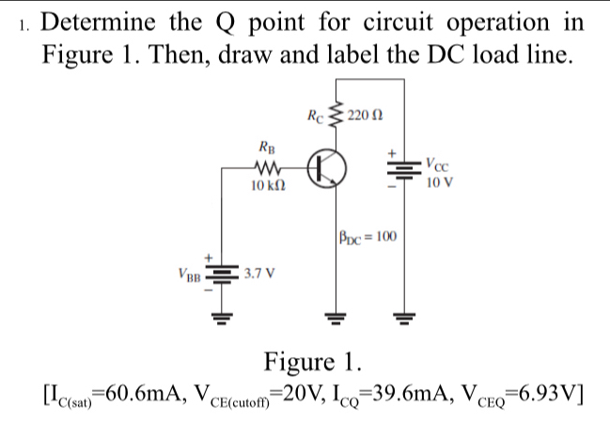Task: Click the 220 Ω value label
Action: click(365, 116)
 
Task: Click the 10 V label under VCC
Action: click(439, 182)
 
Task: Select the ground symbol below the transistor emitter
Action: click(331, 317)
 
